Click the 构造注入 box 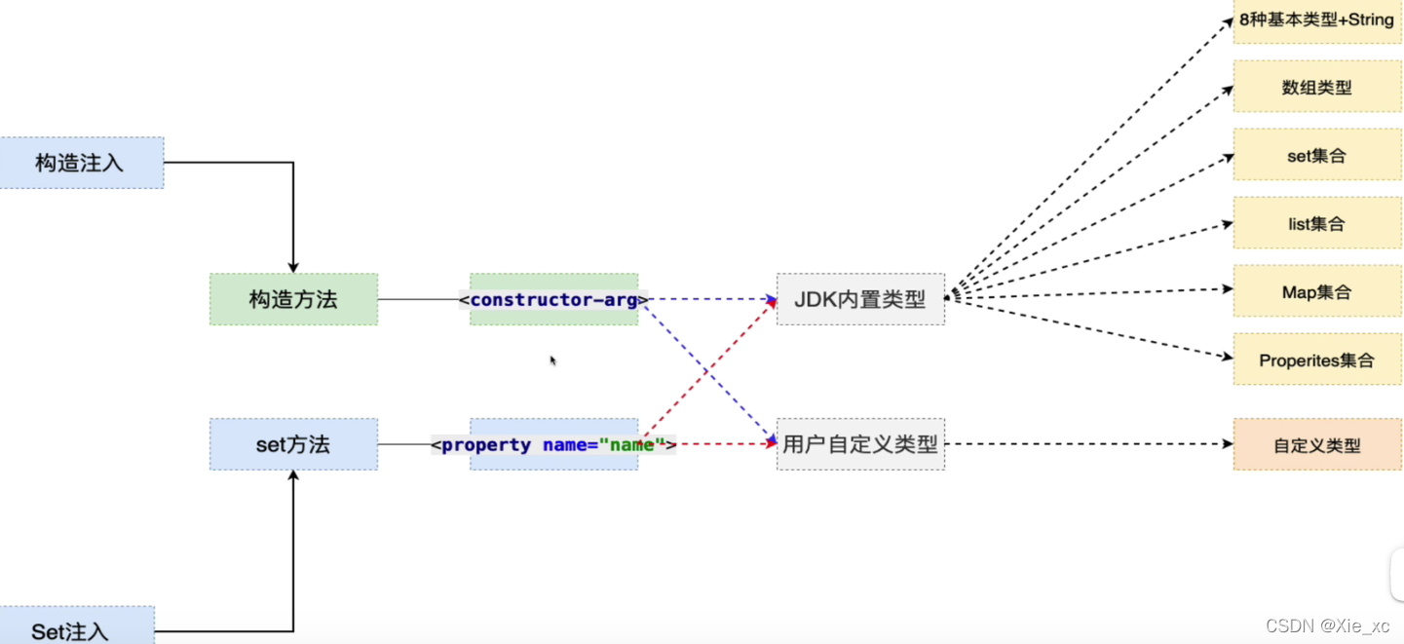(x=81, y=163)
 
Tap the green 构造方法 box (x=293, y=299)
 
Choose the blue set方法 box (x=293, y=444)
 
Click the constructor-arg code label (x=553, y=299)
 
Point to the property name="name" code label (x=553, y=445)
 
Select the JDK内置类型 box (x=860, y=299)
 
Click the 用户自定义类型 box (x=860, y=445)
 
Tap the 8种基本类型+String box (x=1317, y=19)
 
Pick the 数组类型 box (x=1317, y=87)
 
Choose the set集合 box (x=1317, y=155)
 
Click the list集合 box (x=1317, y=223)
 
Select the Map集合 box (x=1317, y=291)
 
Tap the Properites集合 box (x=1317, y=360)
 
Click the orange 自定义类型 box (x=1317, y=445)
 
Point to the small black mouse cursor (x=552, y=360)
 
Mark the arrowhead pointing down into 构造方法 (x=293, y=267)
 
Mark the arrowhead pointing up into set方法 (x=293, y=476)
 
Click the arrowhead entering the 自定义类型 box (x=1228, y=444)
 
